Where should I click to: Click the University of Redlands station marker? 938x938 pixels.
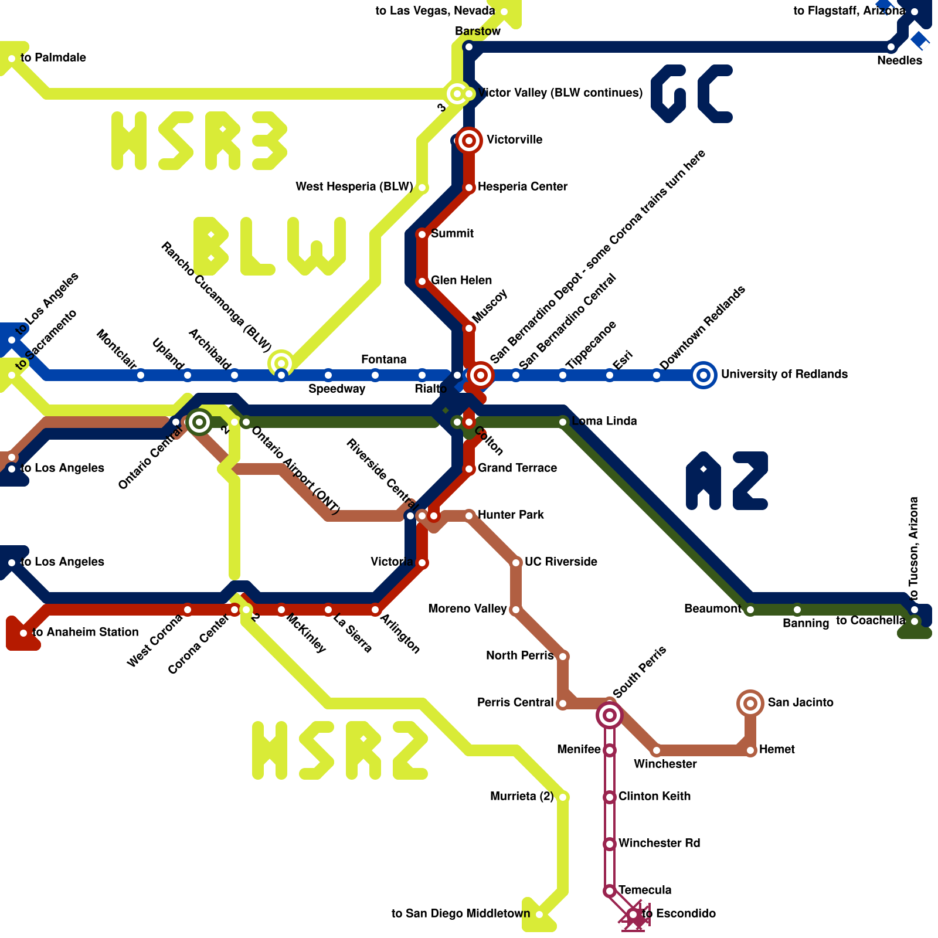pyautogui.click(x=704, y=375)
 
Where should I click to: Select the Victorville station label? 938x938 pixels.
pyautogui.click(x=515, y=140)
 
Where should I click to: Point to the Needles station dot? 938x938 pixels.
pyautogui.click(x=891, y=47)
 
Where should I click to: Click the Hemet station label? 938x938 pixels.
pyautogui.click(x=777, y=749)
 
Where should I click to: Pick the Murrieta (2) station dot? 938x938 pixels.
pyautogui.click(x=563, y=797)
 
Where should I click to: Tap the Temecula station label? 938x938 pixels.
pyautogui.click(x=645, y=890)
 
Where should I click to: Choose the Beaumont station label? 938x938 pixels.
pyautogui.click(x=713, y=609)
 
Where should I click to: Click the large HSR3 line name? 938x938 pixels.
pyautogui.click(x=199, y=141)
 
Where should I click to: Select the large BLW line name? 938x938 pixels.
pyautogui.click(x=270, y=246)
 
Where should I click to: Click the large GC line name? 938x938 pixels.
pyautogui.click(x=692, y=94)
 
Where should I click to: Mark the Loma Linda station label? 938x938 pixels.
pyautogui.click(x=604, y=421)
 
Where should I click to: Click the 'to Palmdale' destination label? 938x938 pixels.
pyautogui.click(x=53, y=57)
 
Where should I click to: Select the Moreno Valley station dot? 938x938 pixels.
pyautogui.click(x=516, y=610)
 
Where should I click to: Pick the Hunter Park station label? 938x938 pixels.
pyautogui.click(x=511, y=515)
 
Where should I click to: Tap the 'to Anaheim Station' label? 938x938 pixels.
pyautogui.click(x=86, y=632)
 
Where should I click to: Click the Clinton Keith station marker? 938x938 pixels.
pyautogui.click(x=610, y=797)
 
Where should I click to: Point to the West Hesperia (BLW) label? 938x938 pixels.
pyautogui.click(x=354, y=186)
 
